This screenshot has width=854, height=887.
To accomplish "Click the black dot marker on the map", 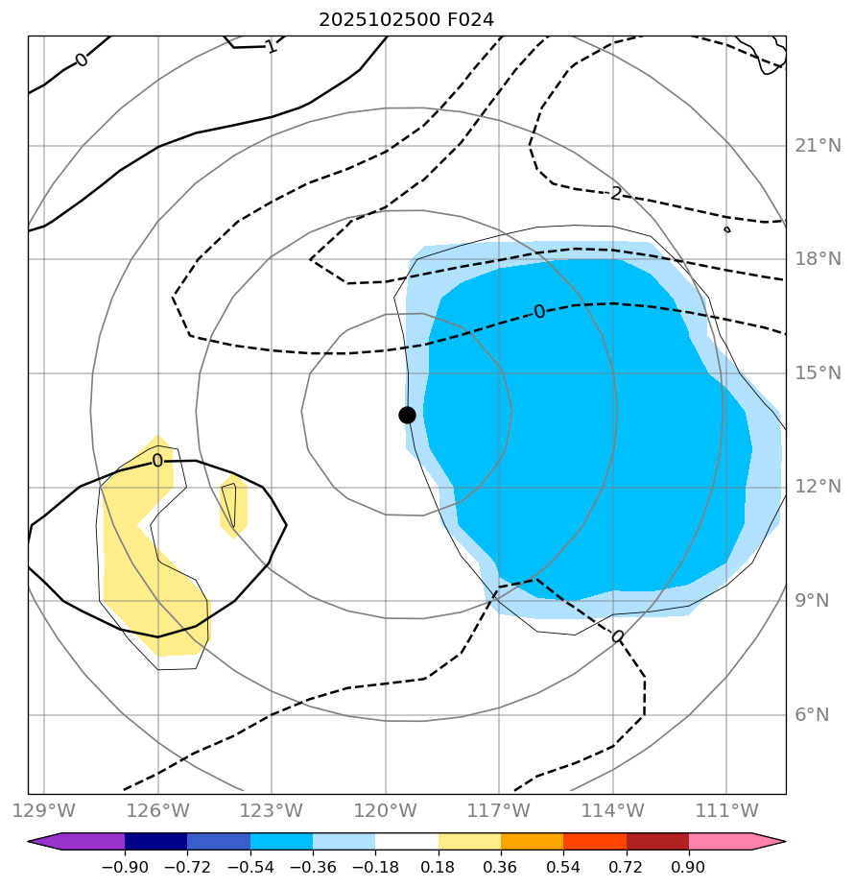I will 407,415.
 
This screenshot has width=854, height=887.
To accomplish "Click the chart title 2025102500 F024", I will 407,19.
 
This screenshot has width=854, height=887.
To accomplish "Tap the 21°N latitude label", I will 818,146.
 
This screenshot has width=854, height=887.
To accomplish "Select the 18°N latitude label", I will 818,259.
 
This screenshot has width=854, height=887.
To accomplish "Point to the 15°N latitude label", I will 818,373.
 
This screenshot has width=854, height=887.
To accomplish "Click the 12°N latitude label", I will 818,487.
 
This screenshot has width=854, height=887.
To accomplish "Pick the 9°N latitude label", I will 818,601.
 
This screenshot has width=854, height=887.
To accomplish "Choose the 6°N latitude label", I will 818,715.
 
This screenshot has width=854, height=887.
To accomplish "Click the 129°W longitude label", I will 44,810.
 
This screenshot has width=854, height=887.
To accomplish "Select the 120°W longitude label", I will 386,810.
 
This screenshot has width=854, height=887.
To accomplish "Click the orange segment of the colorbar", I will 533,841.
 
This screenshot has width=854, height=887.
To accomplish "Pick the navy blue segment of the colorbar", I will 155,841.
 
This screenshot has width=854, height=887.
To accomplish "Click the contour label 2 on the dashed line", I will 616,194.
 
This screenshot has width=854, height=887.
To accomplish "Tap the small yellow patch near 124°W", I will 234,506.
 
